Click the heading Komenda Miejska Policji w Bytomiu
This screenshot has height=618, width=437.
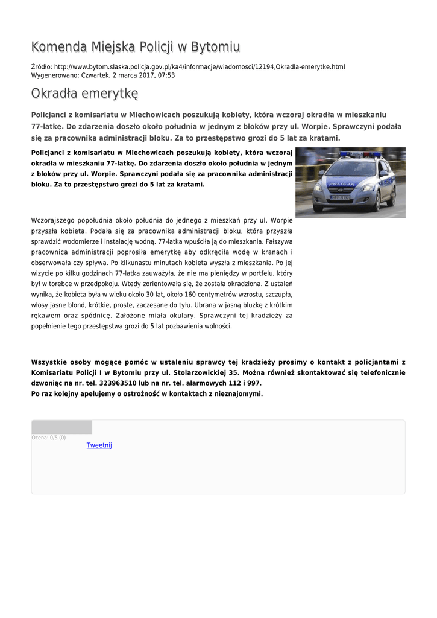click(x=136, y=47)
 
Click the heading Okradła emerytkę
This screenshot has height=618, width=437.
click(x=84, y=94)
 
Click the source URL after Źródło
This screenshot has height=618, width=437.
click(x=199, y=66)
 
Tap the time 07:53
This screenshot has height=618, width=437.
click(x=167, y=75)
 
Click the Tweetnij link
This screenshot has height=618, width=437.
click(x=99, y=445)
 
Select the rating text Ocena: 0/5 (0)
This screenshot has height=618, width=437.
click(x=49, y=438)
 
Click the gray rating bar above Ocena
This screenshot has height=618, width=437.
click(x=61, y=427)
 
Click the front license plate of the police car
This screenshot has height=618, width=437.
click(x=340, y=197)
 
